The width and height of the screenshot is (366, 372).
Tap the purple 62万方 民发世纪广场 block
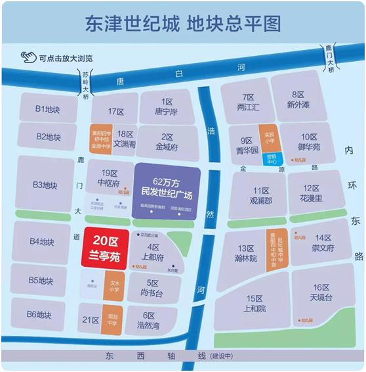[168, 187]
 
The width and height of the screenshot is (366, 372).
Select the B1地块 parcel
[49, 108]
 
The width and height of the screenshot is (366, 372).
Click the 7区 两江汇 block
[247, 101]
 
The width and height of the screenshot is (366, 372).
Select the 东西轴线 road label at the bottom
[151, 356]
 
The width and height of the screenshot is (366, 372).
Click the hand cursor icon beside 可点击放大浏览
[28, 58]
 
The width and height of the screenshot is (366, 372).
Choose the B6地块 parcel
[48, 314]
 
